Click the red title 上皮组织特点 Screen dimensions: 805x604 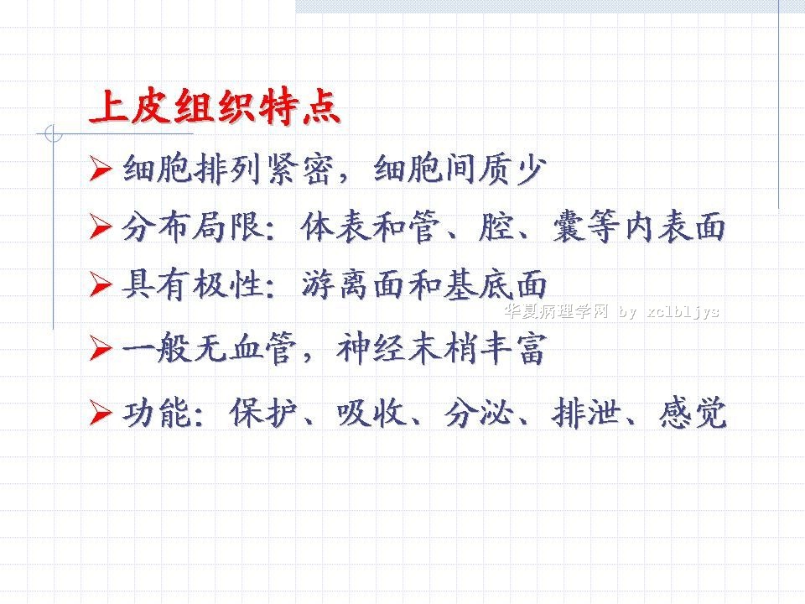[215, 107]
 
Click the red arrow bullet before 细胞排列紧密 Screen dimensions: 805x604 [101, 169]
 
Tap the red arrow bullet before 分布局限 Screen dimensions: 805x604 [101, 226]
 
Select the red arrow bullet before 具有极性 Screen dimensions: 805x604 [101, 284]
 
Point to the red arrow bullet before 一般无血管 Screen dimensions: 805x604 [101, 348]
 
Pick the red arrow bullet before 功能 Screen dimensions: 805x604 [101, 413]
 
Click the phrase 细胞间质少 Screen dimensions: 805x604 [460, 169]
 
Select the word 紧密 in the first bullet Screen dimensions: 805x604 [300, 169]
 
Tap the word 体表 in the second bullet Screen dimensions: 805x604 [335, 226]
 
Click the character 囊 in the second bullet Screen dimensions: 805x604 [569, 226]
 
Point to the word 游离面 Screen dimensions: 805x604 [352, 284]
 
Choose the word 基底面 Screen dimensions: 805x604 [495, 284]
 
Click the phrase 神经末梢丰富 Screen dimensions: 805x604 [441, 348]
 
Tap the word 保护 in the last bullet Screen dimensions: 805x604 [263, 413]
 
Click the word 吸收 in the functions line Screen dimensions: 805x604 [371, 413]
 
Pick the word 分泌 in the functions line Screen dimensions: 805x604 [479, 413]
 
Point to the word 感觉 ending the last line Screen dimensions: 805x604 [693, 413]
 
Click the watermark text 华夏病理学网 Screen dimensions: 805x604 [556, 311]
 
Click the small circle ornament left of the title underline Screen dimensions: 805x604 [54, 133]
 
